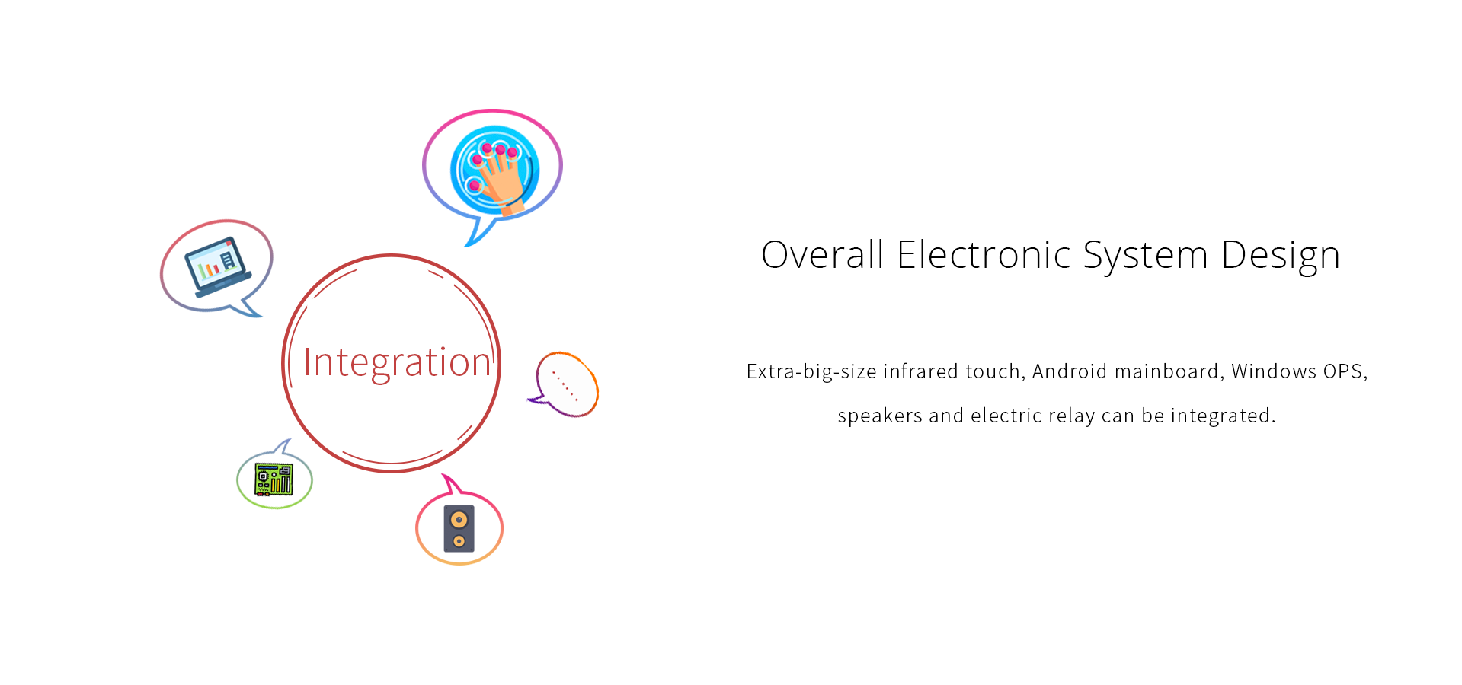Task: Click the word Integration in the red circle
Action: [397, 363]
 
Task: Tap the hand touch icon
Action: [494, 170]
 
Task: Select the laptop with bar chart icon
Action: [217, 266]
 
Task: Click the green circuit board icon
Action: [274, 479]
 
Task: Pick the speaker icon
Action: [459, 528]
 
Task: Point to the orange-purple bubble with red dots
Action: [564, 384]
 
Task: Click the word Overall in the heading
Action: [823, 255]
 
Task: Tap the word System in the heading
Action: [1146, 256]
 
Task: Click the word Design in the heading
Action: [1281, 256]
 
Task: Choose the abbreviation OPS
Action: [1345, 371]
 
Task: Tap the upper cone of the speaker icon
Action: [459, 520]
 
